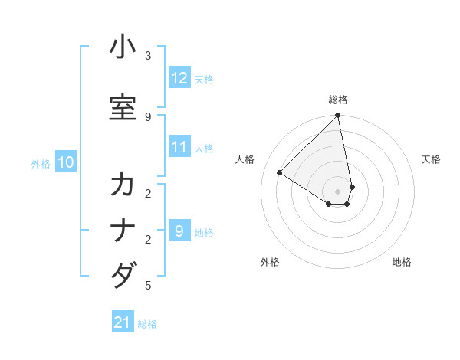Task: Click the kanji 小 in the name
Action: click(x=123, y=47)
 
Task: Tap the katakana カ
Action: click(x=123, y=185)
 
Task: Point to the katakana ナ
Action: click(x=123, y=230)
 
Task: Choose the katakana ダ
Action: click(x=123, y=274)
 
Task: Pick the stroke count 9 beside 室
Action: click(x=148, y=116)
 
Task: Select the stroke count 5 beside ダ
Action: click(x=148, y=286)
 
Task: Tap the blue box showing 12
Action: click(x=179, y=78)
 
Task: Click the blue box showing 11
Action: click(x=179, y=147)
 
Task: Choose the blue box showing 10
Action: click(x=66, y=162)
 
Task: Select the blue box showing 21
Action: click(x=123, y=322)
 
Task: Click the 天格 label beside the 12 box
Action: click(x=204, y=79)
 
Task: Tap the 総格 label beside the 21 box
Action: click(x=147, y=324)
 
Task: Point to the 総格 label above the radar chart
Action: click(x=338, y=100)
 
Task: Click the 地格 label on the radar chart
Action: click(x=402, y=262)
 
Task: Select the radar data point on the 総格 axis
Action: click(x=338, y=116)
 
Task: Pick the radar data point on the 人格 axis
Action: click(x=280, y=172)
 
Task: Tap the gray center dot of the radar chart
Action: click(x=338, y=191)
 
